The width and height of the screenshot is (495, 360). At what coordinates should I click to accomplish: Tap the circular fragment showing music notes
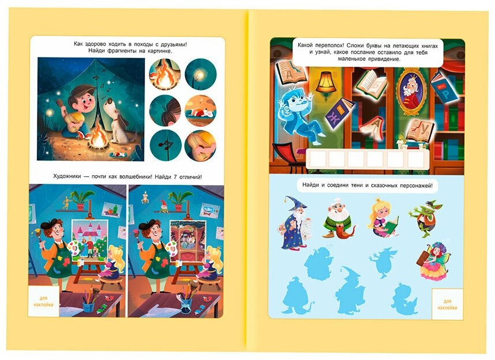click(x=165, y=145)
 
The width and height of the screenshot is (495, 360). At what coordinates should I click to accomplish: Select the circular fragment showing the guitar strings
click(x=200, y=146)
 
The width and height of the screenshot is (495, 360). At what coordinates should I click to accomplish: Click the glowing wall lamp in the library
click(x=325, y=82)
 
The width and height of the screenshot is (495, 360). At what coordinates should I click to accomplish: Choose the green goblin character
click(x=423, y=218)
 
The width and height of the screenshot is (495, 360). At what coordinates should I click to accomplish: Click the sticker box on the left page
click(x=44, y=301)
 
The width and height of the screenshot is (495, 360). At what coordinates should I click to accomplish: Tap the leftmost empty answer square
click(x=318, y=159)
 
